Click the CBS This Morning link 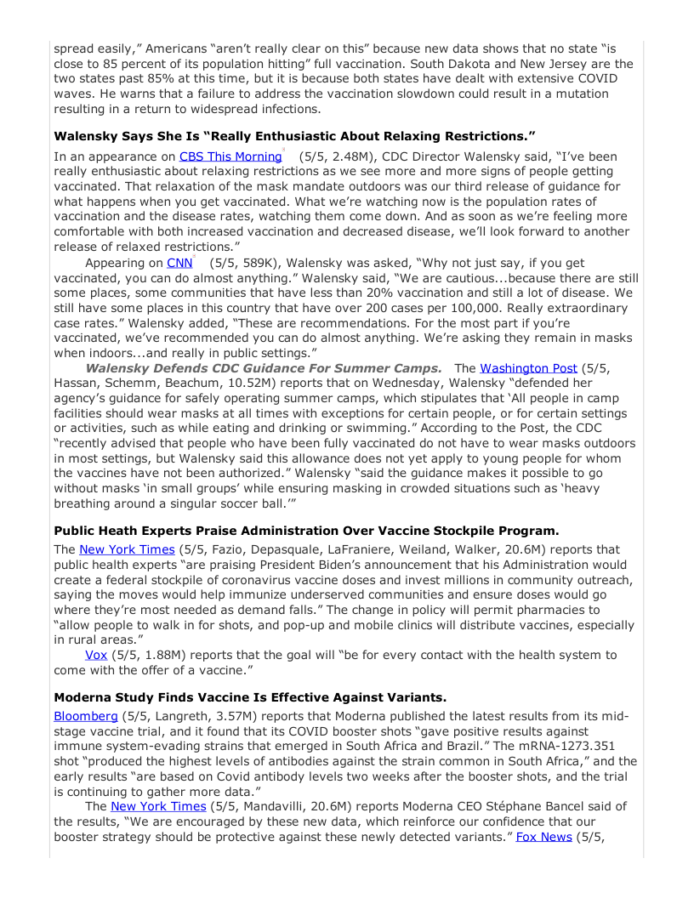pyautogui.click(x=230, y=156)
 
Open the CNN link pyautogui.click(x=180, y=264)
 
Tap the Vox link pyautogui.click(x=95, y=654)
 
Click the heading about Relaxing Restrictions pyautogui.click(x=294, y=135)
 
